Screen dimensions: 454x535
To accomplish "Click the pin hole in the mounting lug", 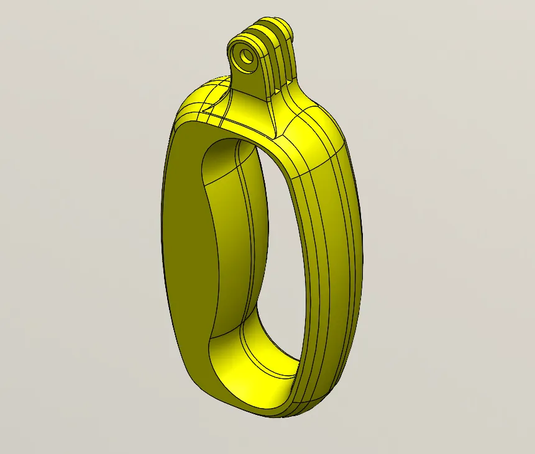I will [247, 57].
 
